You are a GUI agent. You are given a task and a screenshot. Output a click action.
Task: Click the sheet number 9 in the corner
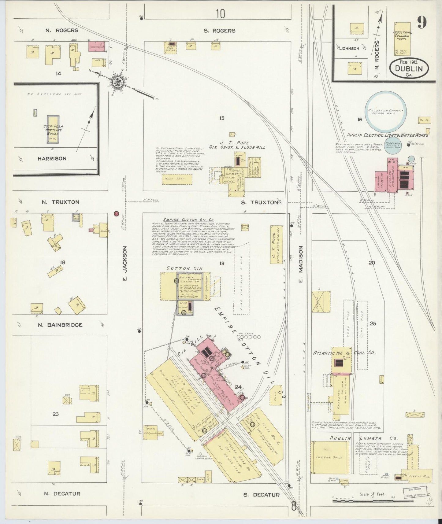pos(422,22)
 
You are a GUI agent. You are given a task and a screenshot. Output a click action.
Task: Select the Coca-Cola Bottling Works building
pos(53,129)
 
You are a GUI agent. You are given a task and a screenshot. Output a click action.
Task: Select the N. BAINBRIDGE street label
pos(60,325)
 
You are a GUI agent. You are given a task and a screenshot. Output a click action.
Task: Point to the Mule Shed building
pos(177,179)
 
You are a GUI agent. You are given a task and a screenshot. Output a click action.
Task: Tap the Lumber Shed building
pos(329,457)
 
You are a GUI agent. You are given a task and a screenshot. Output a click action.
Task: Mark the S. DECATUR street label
pos(261,494)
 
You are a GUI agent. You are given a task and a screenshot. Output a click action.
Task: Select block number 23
pos(55,414)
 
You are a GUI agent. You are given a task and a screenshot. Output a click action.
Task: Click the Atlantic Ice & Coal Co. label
pos(344,353)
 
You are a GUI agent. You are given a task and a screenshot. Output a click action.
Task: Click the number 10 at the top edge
pos(220,14)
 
